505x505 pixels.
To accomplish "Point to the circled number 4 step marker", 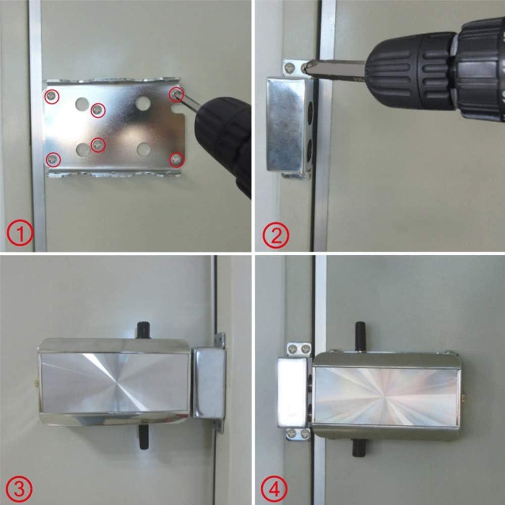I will click(x=274, y=488).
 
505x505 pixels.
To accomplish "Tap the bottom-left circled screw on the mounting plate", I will click(x=53, y=160).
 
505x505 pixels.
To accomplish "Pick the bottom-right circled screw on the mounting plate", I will click(x=176, y=160).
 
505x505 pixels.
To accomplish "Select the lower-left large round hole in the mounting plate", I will click(x=82, y=149).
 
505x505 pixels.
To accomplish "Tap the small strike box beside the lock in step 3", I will click(x=208, y=382).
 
